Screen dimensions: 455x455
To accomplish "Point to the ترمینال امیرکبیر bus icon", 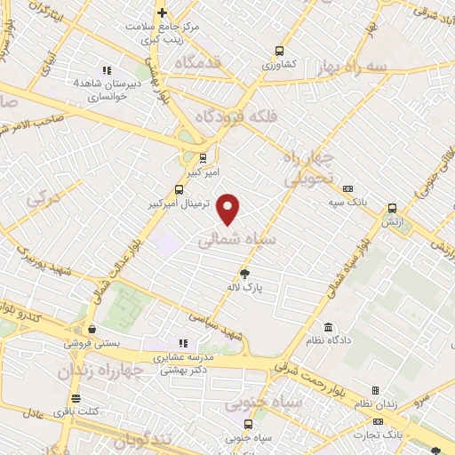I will (x=180, y=189).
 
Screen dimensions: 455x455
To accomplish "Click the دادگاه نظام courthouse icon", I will (x=329, y=327).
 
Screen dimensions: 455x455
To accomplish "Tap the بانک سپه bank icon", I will (x=347, y=188).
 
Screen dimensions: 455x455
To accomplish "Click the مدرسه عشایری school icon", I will (x=184, y=343).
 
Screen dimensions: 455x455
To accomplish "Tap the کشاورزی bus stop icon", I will (x=280, y=51).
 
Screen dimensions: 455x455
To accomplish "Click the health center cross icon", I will (x=162, y=12).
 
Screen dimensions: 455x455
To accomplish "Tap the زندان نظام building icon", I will (x=375, y=390).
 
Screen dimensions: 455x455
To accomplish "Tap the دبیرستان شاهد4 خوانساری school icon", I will (x=106, y=70).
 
